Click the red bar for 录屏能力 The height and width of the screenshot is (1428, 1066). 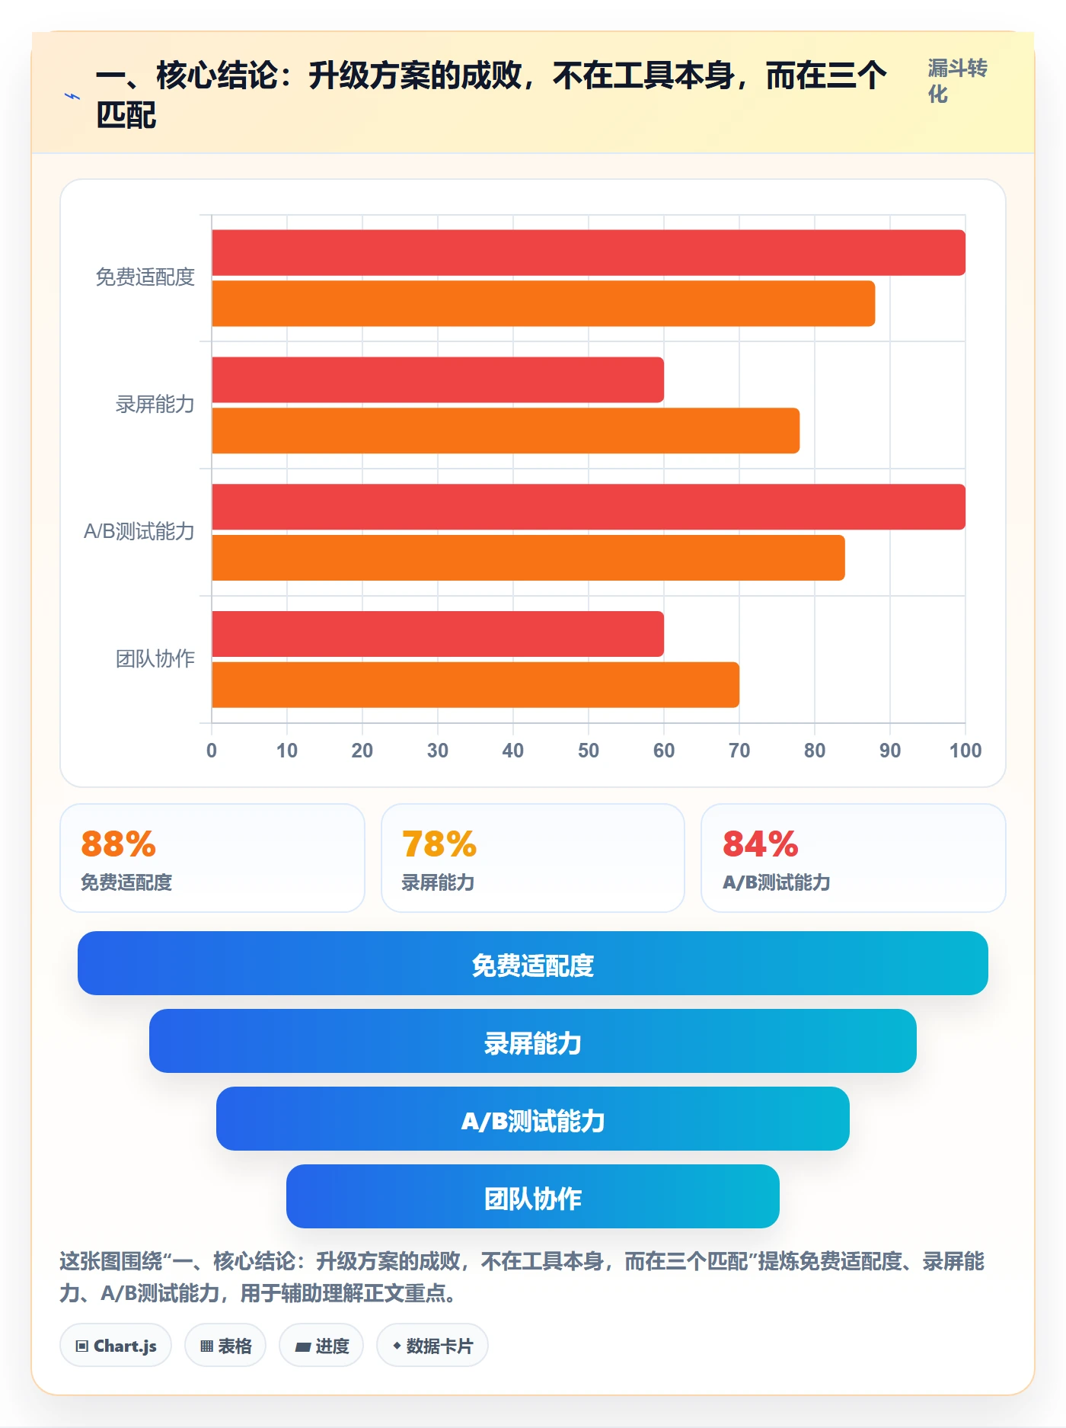click(438, 379)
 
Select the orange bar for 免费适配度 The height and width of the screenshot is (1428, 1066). click(543, 303)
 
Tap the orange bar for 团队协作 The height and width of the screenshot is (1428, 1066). click(475, 684)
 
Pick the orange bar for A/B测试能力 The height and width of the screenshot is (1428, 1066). click(528, 558)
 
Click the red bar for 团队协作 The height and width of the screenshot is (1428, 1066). click(438, 634)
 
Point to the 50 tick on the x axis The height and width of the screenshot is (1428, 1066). click(589, 751)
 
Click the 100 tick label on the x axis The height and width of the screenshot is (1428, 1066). click(965, 751)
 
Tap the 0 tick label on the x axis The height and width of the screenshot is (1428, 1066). click(212, 751)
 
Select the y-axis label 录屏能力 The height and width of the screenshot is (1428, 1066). click(155, 404)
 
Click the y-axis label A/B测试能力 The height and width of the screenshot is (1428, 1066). click(139, 531)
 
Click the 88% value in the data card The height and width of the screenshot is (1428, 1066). click(118, 844)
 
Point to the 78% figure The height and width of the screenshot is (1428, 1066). click(439, 844)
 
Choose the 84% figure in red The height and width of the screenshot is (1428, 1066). click(761, 844)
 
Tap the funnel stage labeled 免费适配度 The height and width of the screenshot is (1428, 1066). click(533, 963)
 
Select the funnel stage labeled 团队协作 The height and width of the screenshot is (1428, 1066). click(533, 1196)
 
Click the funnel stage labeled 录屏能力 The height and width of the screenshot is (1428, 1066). click(533, 1041)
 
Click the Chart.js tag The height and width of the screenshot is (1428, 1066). click(116, 1346)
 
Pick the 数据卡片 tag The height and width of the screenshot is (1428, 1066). click(432, 1346)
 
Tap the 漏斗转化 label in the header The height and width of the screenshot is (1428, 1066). click(957, 81)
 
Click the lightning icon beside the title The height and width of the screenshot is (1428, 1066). click(72, 97)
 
